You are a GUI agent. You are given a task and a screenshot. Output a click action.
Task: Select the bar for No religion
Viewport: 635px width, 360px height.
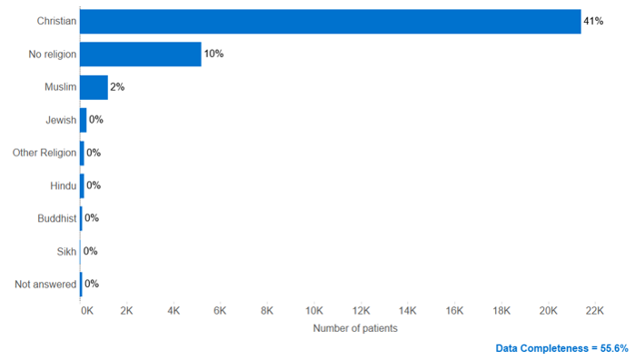140,55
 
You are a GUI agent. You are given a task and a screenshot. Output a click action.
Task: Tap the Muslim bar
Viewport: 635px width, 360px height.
94,87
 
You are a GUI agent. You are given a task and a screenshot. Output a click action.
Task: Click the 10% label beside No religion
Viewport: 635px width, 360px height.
213,55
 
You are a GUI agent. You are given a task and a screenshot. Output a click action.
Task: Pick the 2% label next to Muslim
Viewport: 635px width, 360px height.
117,87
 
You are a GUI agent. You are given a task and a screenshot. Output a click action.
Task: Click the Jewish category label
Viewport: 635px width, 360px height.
61,120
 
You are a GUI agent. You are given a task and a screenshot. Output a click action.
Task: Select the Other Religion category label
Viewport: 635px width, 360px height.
45,153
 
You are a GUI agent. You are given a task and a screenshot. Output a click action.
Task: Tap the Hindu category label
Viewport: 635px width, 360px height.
64,185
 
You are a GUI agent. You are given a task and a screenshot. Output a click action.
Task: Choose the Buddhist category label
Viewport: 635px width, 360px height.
56,218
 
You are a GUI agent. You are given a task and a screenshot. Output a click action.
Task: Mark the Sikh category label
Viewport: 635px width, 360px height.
66,251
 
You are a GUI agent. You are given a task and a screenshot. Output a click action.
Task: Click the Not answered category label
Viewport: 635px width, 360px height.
45,285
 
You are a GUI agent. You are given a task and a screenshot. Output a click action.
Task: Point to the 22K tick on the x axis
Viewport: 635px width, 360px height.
594,310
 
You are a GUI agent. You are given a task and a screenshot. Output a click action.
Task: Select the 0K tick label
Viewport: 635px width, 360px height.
85,310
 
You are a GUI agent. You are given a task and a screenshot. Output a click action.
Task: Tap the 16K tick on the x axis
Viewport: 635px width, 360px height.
454,310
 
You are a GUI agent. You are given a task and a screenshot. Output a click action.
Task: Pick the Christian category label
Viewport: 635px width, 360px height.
57,21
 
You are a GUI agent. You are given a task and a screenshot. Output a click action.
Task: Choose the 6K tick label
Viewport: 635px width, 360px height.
220,310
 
